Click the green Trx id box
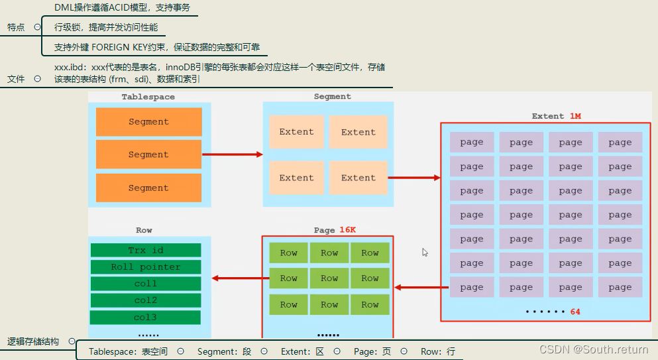[145, 250]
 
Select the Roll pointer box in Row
[145, 267]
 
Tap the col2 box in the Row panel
[145, 300]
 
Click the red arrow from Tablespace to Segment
[232, 154]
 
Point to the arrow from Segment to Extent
[414, 178]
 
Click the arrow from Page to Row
[236, 278]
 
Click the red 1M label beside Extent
[575, 116]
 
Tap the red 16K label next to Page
[348, 230]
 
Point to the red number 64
[575, 312]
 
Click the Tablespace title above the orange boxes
[148, 97]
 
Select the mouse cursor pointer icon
[425, 252]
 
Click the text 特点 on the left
[16, 27]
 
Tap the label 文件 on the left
[16, 78]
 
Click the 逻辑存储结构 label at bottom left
[32, 341]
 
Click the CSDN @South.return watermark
[594, 349]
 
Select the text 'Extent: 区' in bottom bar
[302, 351]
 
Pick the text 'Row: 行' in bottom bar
[438, 351]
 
